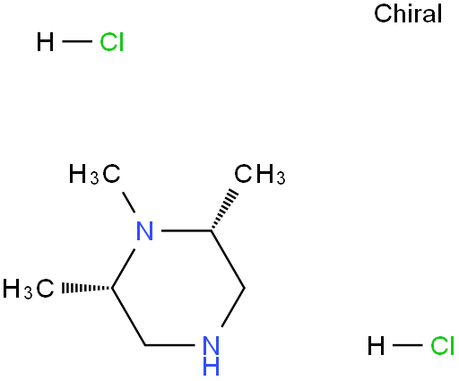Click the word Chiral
[x=408, y=13]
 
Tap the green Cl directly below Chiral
[x=442, y=346]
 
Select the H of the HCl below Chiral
[x=376, y=346]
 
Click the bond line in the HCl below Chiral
[x=407, y=345]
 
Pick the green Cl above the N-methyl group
[x=111, y=41]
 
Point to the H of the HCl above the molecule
[x=45, y=41]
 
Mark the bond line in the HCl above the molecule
[x=77, y=41]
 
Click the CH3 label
[x=260, y=174]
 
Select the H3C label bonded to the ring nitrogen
[x=94, y=174]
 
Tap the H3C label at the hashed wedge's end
[x=29, y=289]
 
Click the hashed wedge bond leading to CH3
[x=224, y=209]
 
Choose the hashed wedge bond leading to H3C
[x=87, y=288]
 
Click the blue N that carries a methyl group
[x=144, y=231]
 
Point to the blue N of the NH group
[x=211, y=346]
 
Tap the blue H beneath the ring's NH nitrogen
[x=211, y=365]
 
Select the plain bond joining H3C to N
[x=129, y=203]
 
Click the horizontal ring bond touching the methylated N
[x=186, y=230]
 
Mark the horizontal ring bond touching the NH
[x=169, y=345]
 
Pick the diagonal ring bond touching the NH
[x=233, y=307]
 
